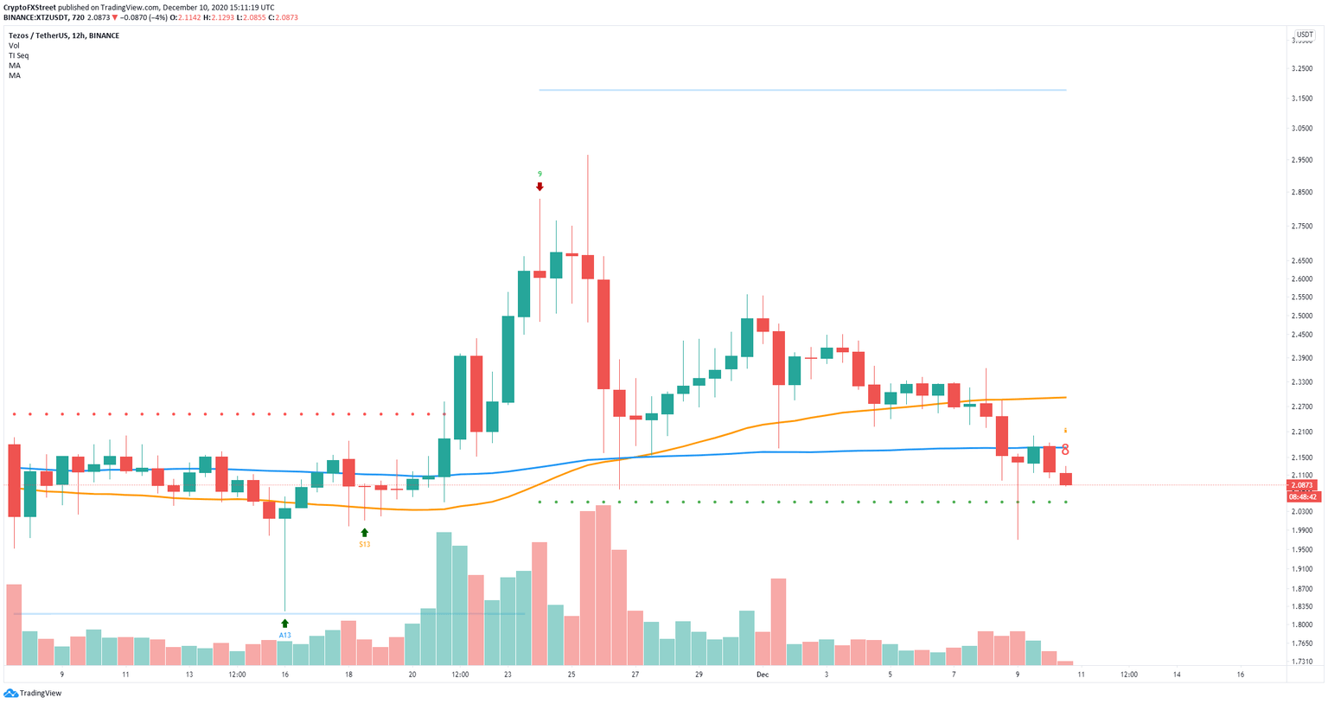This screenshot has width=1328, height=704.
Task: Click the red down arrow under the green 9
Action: point(539,186)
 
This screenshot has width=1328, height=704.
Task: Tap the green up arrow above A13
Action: point(284,623)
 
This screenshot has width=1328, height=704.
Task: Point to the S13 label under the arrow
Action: point(365,544)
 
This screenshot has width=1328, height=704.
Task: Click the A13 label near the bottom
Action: point(284,635)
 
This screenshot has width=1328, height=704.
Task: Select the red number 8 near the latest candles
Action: point(1065,450)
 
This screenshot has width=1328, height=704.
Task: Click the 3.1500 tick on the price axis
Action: point(1302,99)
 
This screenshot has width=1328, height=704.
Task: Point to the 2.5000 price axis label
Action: point(1302,316)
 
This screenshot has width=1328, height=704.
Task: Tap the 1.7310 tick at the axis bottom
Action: point(1302,662)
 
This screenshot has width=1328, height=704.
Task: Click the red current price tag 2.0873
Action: point(1302,486)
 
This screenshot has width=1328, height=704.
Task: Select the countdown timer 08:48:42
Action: point(1302,496)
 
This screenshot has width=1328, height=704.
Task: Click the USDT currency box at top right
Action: point(1304,35)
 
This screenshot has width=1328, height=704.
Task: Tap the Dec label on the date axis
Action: point(762,675)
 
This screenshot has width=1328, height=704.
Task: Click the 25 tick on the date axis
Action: point(571,675)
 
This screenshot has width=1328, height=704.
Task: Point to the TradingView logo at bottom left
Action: point(34,693)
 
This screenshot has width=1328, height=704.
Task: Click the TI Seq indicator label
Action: point(18,55)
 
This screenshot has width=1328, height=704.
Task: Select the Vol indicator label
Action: point(14,46)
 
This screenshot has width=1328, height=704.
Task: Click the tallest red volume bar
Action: point(603,586)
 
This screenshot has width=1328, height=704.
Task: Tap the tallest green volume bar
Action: point(444,598)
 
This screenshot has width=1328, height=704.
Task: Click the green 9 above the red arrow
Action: point(539,174)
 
